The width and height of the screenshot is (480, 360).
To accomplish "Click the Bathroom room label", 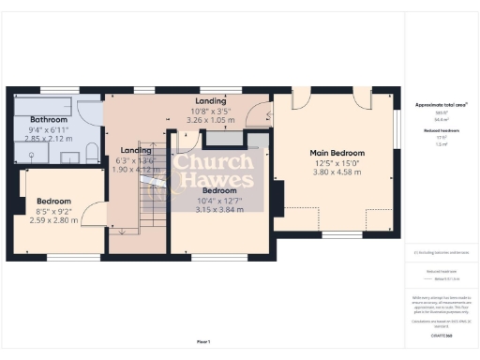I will tap(49, 120).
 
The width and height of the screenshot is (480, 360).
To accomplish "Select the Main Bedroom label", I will tap(337, 152).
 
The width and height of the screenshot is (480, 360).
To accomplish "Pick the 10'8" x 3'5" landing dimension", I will tap(210, 111).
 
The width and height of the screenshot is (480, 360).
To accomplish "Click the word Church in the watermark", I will tap(213, 161).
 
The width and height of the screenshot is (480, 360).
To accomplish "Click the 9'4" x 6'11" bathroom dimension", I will tap(49, 129).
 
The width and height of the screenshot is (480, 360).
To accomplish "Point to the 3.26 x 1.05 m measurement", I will tap(210, 120).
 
